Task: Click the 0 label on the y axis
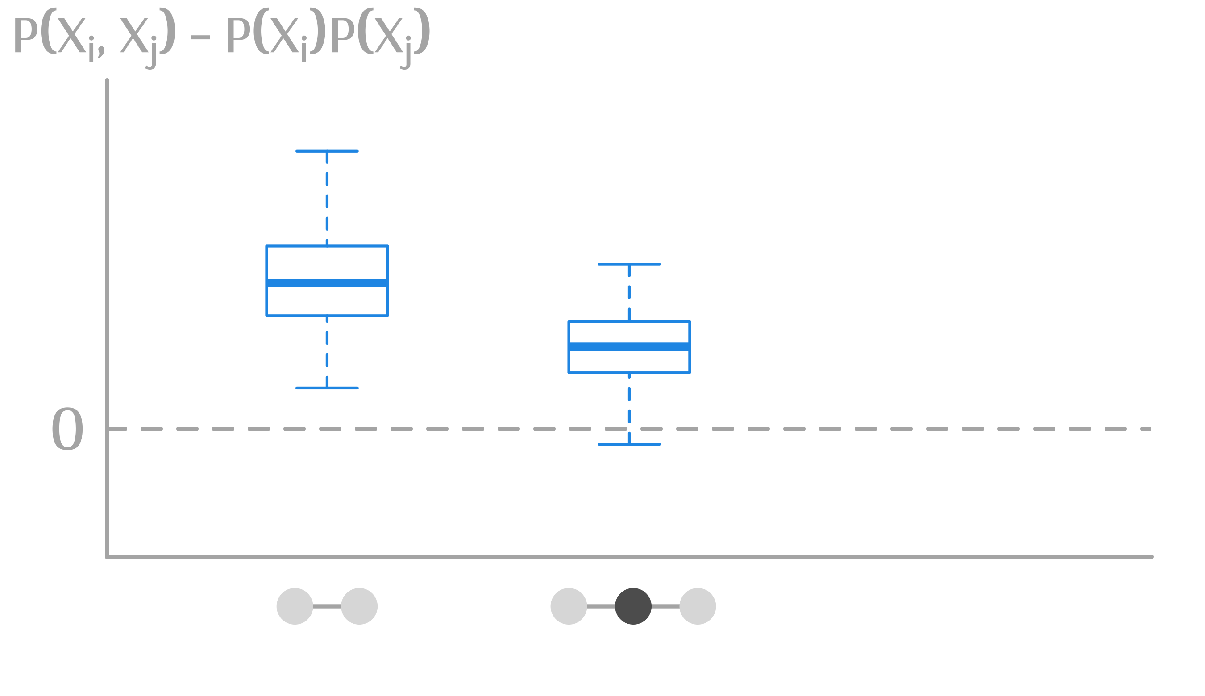point(67,429)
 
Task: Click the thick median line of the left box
point(327,283)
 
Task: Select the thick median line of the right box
point(629,347)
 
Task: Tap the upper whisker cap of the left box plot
point(327,151)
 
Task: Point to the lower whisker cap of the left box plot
point(327,388)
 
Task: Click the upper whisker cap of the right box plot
point(629,264)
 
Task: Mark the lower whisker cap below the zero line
point(629,444)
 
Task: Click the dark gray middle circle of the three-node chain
point(633,606)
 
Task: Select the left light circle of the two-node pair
point(295,606)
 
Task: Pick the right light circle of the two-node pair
point(359,606)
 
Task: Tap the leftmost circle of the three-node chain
point(569,606)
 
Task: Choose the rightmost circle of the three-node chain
point(698,606)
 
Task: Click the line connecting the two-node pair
point(327,606)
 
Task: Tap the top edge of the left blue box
point(327,246)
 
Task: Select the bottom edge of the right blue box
point(629,373)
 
